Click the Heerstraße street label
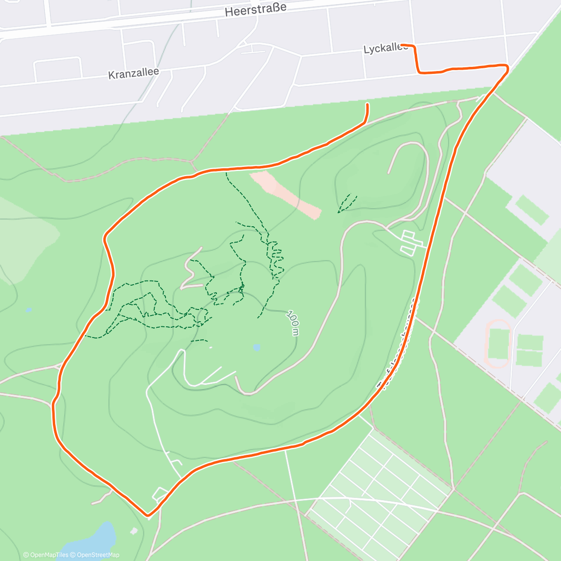pos(255,10)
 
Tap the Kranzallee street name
pos(133,73)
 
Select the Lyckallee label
pos(384,49)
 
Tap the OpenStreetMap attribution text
pos(98,555)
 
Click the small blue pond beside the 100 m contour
pos(256,347)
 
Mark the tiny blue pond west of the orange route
pos(29,309)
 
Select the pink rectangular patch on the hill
pos(285,194)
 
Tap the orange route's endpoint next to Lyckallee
pos(403,45)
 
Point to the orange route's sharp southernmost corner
pos(148,516)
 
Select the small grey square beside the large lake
pos(134,531)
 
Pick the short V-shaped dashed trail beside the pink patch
pos(346,204)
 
